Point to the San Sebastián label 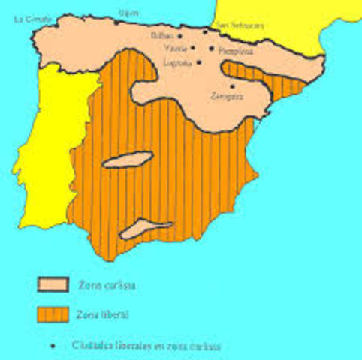(240, 25)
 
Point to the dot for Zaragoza (233, 85)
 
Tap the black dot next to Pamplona (213, 47)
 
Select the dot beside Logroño (199, 62)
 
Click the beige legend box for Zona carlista (53, 284)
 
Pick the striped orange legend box (53, 313)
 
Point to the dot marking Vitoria (193, 47)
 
